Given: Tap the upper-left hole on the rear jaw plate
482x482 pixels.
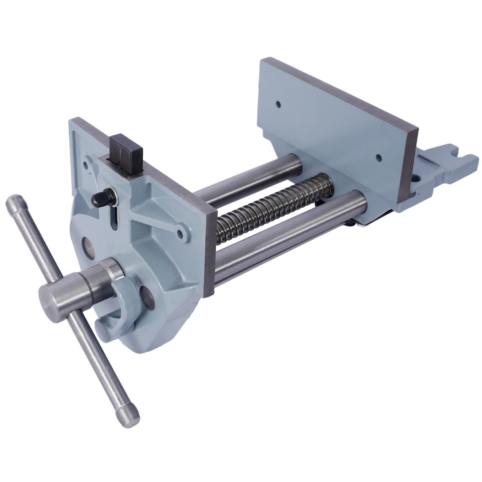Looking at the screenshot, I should pyautogui.click(x=278, y=104).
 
